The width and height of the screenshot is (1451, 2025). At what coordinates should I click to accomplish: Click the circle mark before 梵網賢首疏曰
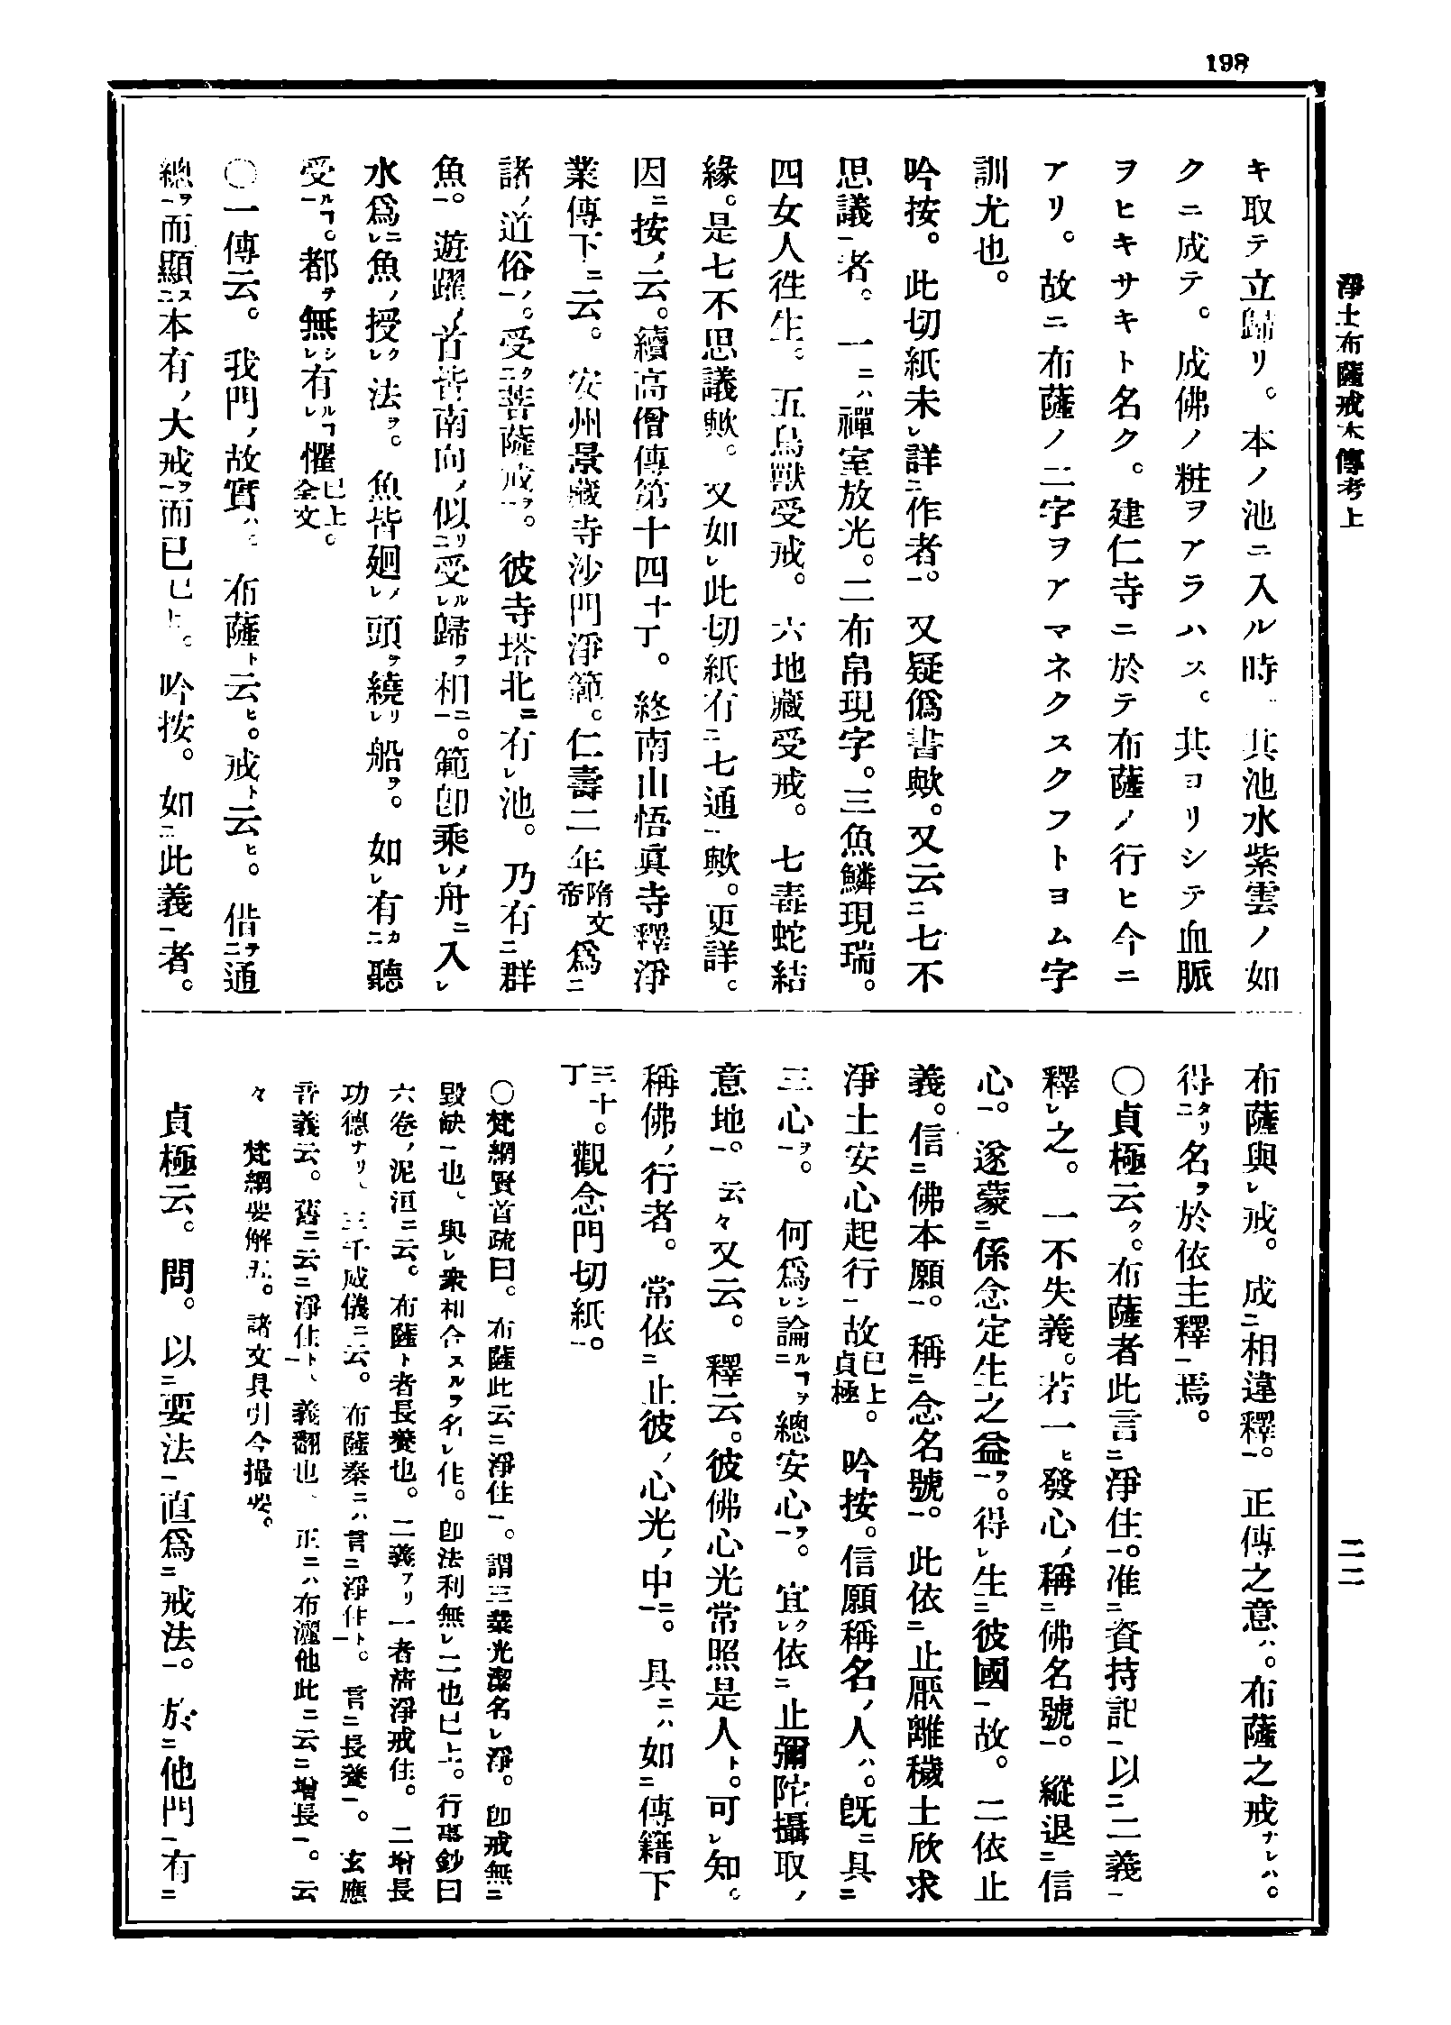point(501,1090)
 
